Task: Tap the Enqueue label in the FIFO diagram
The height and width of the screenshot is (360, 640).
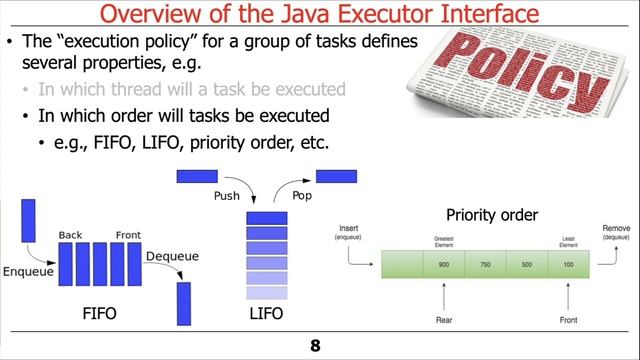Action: point(29,271)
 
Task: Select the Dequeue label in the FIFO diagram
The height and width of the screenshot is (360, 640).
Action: point(172,256)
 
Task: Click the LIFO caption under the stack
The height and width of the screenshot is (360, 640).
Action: point(266,314)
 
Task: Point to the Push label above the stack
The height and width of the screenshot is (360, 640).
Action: point(227,197)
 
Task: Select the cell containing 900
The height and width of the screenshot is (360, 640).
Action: point(444,263)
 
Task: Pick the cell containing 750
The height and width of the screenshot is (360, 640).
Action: point(486,263)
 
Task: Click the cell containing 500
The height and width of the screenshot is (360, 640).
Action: point(527,263)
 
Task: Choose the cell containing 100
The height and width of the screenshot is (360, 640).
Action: point(568,263)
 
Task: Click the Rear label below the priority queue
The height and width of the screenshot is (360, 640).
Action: point(445,321)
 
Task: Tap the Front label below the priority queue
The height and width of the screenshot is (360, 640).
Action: point(569,321)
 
